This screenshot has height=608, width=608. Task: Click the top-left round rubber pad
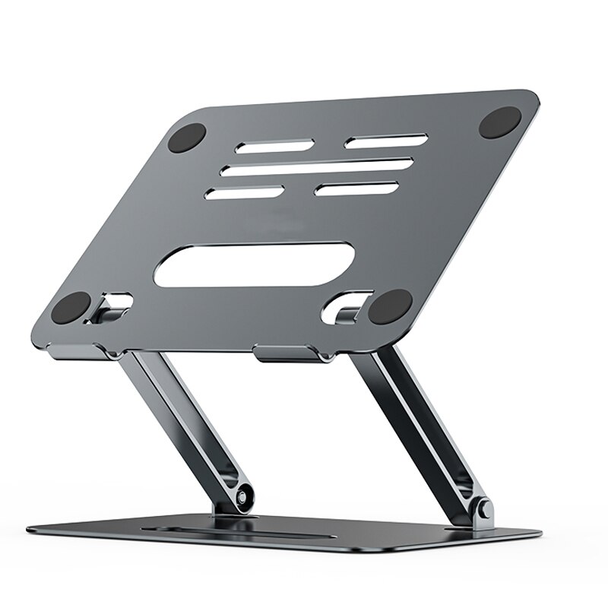pos(188,138)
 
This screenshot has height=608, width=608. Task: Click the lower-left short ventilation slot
pos(245,193)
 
